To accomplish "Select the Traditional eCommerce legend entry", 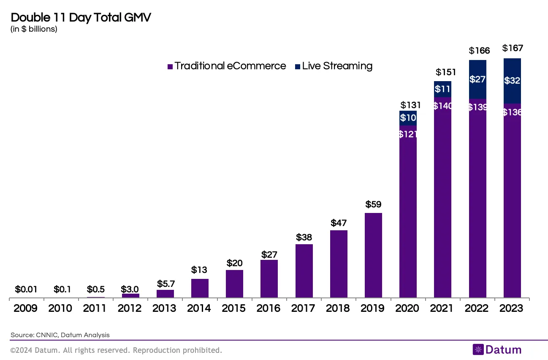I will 227,66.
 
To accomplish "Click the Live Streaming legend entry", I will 333,66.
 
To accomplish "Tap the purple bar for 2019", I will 373,256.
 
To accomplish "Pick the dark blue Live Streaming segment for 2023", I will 512,81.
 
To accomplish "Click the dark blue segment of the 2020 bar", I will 408,118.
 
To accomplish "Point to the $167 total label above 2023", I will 512,49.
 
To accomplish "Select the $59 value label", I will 373,205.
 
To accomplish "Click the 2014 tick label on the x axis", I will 199,308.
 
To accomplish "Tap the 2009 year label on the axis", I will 26,308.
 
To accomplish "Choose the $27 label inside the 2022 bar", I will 477,79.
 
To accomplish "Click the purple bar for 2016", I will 269,279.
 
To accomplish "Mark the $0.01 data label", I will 26,290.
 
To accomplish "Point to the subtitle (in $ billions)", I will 34,29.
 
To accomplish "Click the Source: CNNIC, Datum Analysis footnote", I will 60,335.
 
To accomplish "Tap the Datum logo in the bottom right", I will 497,349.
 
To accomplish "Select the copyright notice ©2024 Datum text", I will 116,350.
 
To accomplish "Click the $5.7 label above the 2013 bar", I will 165,282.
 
